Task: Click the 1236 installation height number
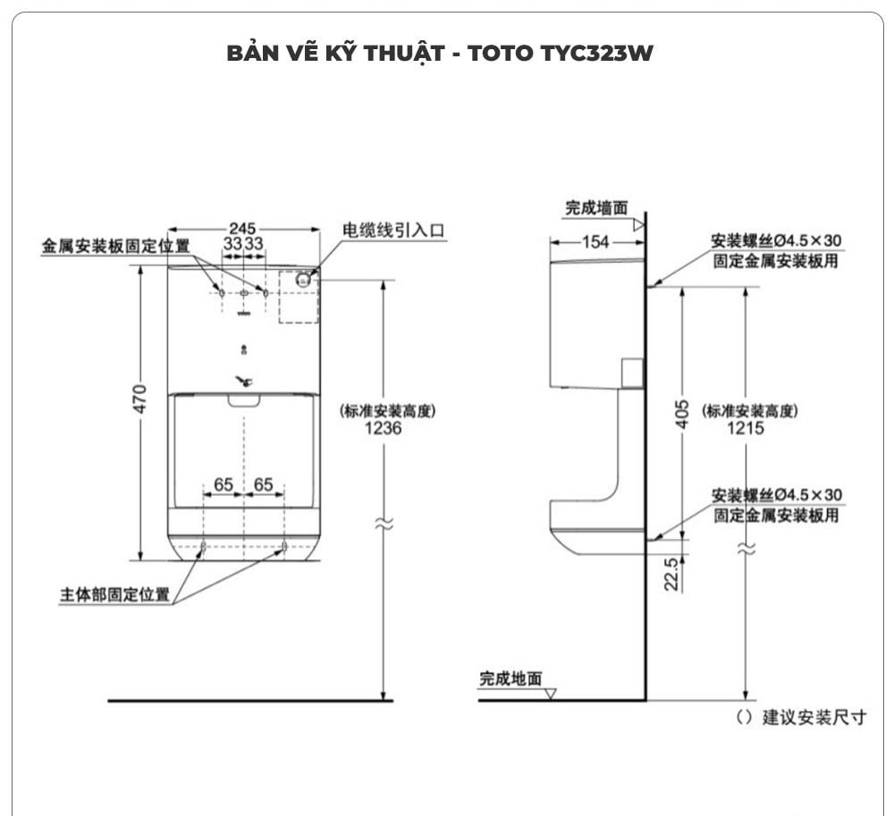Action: (384, 428)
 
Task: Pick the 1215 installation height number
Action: (746, 428)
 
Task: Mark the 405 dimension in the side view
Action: (682, 413)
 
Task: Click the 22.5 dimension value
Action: (672, 573)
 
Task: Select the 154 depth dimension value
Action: (595, 241)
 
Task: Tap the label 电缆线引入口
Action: (393, 230)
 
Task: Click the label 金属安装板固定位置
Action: (115, 246)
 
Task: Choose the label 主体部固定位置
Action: (114, 594)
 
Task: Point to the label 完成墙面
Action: (596, 208)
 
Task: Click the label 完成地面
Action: (510, 679)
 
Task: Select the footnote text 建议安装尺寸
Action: (814, 718)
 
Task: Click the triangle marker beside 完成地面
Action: (551, 693)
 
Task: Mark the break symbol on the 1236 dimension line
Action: (384, 525)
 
